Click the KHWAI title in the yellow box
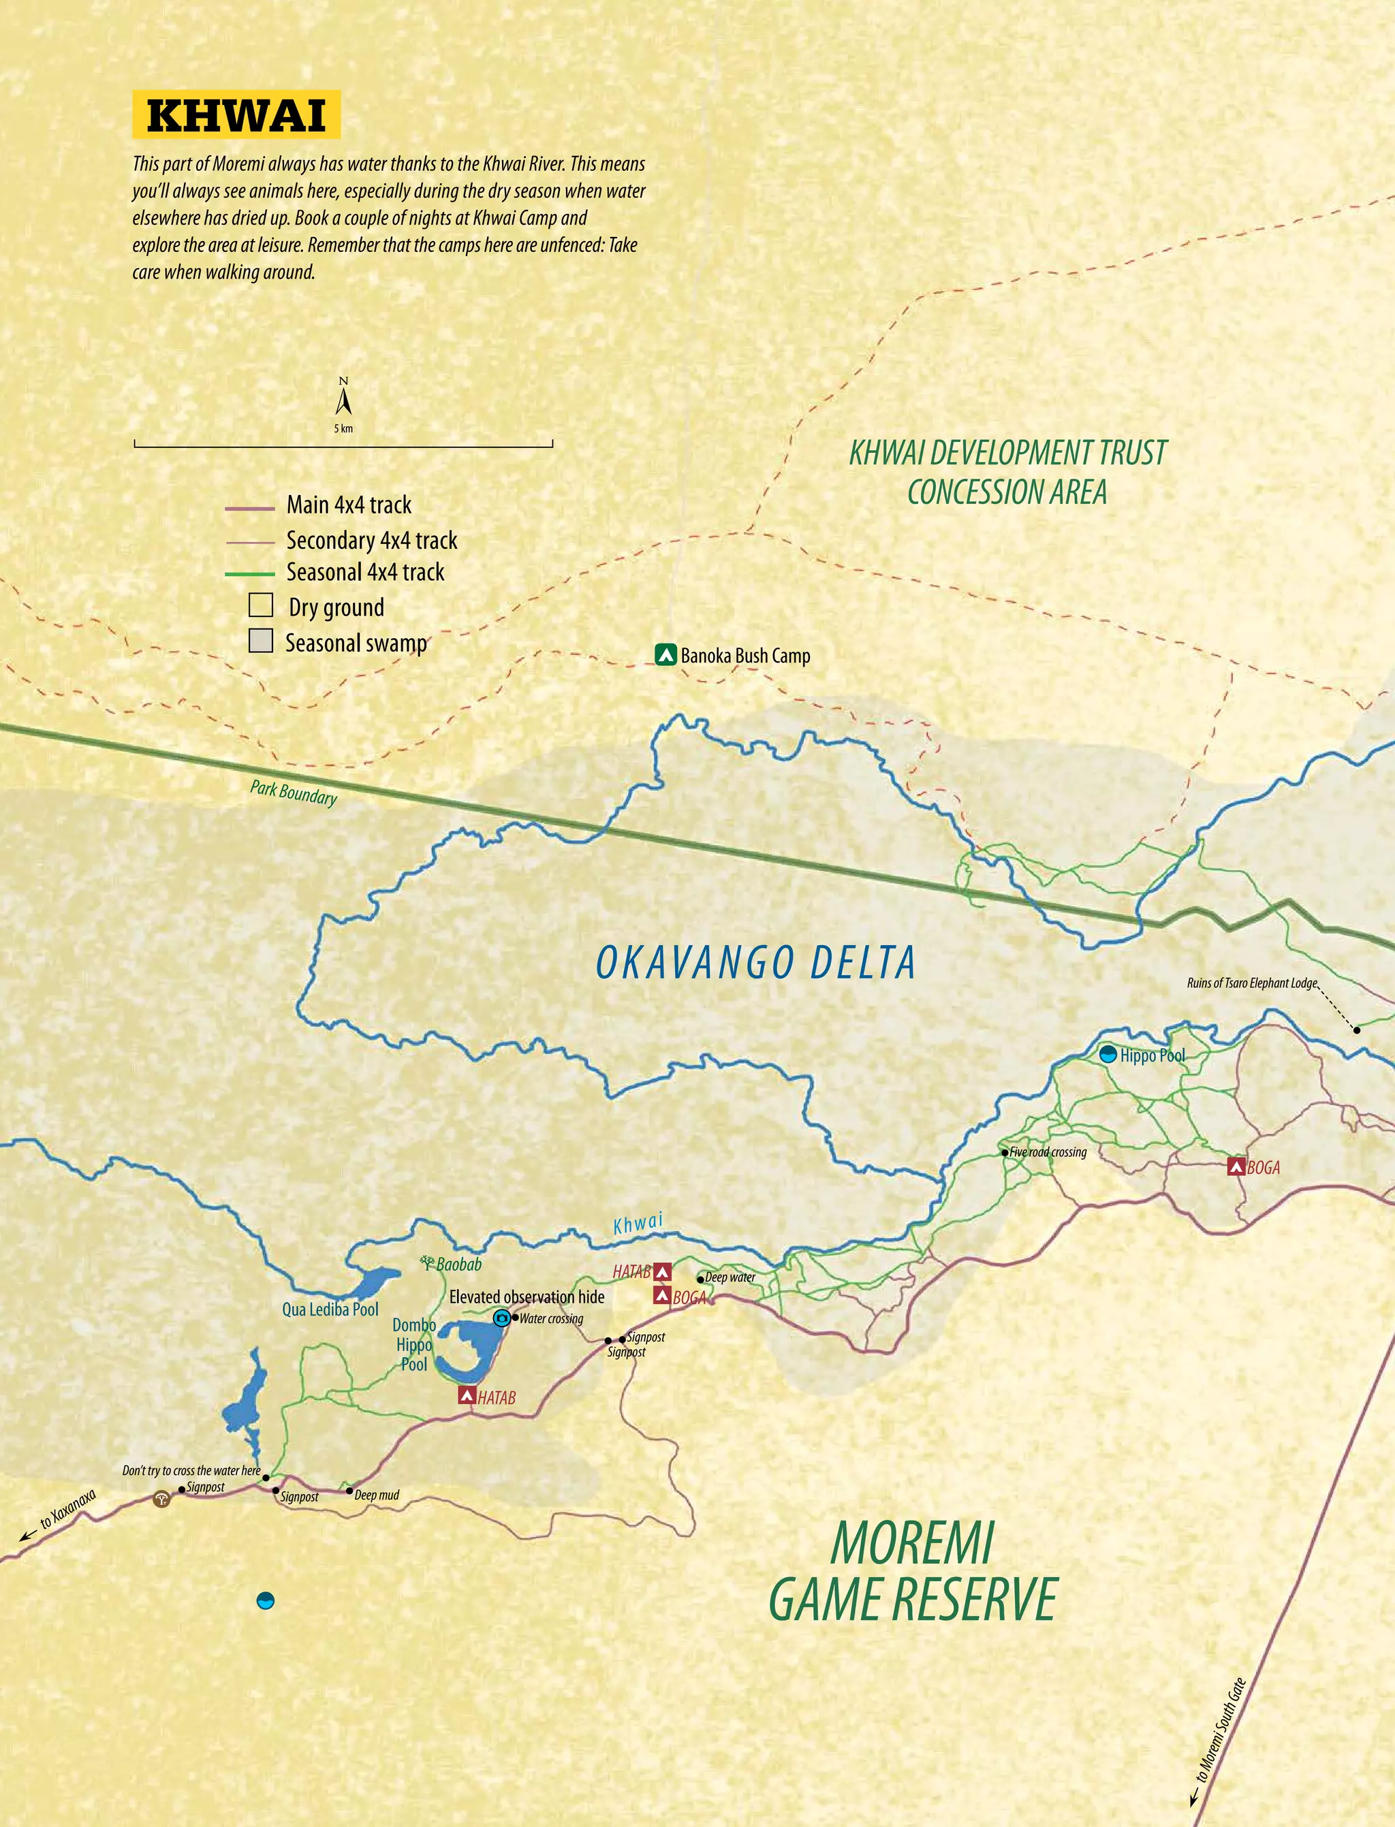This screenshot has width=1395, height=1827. (236, 114)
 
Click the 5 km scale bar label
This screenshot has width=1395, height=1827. (344, 429)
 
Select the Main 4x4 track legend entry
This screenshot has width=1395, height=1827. (349, 505)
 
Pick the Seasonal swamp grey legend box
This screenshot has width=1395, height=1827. (261, 641)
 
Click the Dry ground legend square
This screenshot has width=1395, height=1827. (261, 605)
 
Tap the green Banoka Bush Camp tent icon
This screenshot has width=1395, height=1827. (665, 655)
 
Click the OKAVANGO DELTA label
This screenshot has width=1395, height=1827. (755, 963)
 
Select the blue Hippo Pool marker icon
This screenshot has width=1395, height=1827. (1108, 1055)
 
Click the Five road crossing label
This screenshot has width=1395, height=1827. (1048, 1152)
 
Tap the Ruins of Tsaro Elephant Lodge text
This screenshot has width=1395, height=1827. (1251, 983)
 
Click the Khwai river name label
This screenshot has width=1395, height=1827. (638, 1224)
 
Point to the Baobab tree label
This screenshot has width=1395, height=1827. (458, 1265)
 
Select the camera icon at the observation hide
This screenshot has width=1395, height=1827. (501, 1318)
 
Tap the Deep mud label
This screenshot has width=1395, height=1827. (376, 1495)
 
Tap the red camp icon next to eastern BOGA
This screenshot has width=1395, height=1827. (1236, 1167)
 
